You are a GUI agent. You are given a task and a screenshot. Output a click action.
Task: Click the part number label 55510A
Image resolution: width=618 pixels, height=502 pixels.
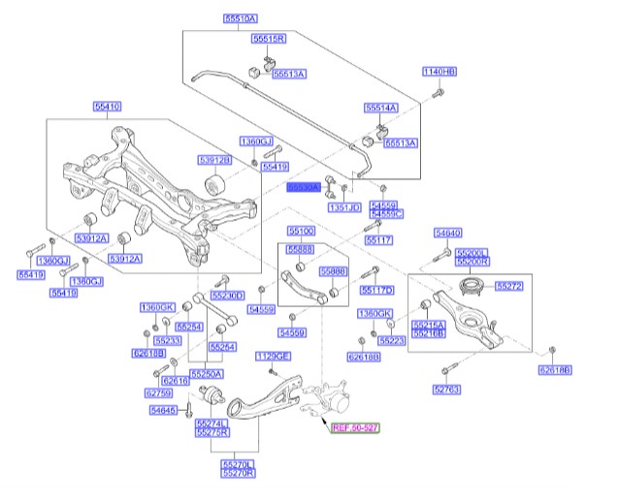point(241,18)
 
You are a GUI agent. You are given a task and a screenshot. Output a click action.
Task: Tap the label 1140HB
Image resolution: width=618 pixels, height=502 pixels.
point(439,72)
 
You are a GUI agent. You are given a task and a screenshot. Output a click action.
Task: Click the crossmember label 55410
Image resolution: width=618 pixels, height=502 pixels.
point(108,105)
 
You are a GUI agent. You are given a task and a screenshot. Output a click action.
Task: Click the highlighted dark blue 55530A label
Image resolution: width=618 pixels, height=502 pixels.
point(304,187)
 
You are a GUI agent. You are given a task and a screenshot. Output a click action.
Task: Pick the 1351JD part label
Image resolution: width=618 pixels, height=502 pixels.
point(343,207)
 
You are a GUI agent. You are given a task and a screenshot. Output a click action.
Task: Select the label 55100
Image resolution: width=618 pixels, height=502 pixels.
point(300,232)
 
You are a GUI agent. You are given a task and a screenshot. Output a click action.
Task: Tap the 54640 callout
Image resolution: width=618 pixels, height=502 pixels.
point(447,234)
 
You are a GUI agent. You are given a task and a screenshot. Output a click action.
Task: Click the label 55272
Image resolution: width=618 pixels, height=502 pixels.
point(508,287)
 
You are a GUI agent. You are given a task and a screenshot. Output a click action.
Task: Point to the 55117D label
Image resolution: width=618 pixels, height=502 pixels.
point(376,290)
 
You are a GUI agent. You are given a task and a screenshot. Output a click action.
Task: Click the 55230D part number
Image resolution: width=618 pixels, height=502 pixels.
point(227,295)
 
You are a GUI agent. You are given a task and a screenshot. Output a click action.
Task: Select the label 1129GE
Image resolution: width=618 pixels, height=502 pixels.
point(273,357)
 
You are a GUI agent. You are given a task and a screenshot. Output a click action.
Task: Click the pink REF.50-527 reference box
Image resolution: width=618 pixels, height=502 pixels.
point(355,427)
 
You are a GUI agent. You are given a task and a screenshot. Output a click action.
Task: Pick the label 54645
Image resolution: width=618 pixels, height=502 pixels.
point(164,411)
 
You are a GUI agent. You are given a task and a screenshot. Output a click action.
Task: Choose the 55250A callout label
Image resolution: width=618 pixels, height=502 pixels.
point(206,373)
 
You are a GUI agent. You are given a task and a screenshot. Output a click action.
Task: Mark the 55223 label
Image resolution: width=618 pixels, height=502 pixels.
point(392,341)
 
